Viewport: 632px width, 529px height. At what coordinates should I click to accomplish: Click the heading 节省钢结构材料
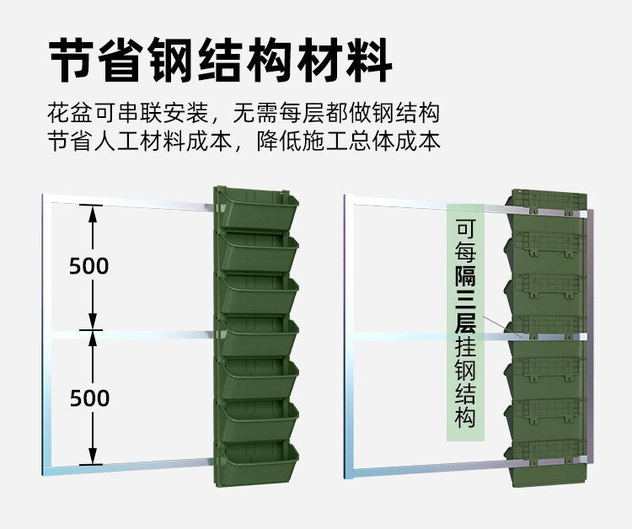tap(221, 59)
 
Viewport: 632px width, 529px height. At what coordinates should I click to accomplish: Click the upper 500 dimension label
tap(89, 266)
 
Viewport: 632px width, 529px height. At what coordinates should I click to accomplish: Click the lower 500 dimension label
tap(89, 398)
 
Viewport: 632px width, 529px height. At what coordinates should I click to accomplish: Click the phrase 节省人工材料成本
tap(140, 141)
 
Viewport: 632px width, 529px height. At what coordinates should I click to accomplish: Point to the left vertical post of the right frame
tap(348, 337)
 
